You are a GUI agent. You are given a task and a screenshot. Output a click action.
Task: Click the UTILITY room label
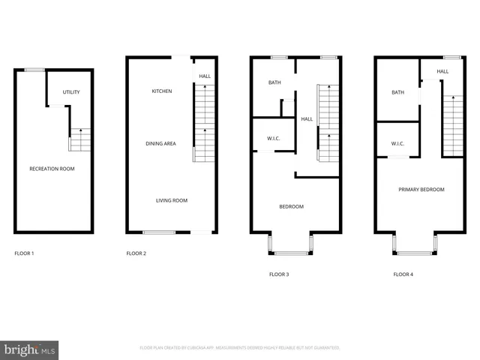point(71,92)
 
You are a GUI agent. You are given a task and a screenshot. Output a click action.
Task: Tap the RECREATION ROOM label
point(52,169)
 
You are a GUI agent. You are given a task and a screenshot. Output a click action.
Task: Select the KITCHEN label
point(162,91)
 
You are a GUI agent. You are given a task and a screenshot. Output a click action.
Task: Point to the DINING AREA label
point(160,142)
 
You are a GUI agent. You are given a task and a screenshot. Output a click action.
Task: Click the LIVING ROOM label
point(172,200)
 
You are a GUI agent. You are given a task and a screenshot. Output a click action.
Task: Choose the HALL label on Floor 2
point(205,76)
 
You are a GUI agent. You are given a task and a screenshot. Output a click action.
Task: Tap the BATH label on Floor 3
point(274,82)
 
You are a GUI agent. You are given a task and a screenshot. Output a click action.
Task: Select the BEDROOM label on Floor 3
point(291,206)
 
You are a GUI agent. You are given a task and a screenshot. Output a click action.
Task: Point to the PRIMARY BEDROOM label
point(421,190)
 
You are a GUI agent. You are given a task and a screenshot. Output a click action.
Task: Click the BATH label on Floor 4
point(397,93)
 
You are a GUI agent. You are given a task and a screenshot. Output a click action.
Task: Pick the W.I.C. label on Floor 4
point(397,143)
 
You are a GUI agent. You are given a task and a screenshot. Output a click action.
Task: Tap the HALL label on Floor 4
point(442,71)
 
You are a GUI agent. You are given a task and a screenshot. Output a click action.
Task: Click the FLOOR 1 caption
point(25,253)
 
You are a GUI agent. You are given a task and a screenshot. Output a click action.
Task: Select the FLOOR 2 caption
point(136,253)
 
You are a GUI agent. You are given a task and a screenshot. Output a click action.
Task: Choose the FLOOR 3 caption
point(279,274)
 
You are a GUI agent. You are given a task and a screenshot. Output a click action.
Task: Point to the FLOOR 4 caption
point(403,274)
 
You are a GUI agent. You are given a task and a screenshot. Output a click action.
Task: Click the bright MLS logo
point(30,349)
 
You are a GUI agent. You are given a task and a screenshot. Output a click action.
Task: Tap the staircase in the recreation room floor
point(80,140)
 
